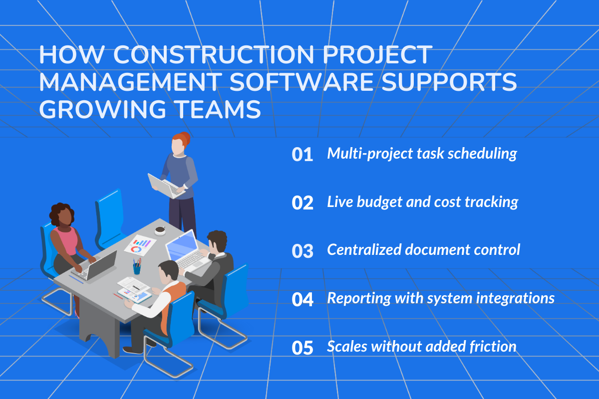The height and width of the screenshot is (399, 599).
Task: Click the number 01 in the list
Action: (x=302, y=155)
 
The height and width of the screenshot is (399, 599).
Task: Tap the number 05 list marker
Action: (x=302, y=348)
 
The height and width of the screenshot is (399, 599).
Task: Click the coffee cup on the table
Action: (x=160, y=230)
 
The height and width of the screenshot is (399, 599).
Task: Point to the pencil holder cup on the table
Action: (x=137, y=268)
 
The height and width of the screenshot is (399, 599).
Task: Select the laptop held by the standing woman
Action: (x=165, y=185)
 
